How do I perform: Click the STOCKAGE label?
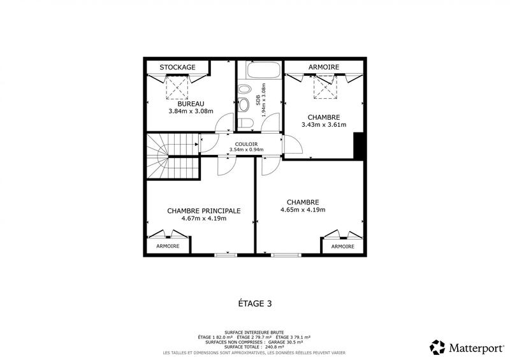tap(177, 67)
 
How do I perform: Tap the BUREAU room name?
tap(191, 103)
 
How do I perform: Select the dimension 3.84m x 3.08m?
tap(191, 111)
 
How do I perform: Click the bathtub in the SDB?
tap(259, 71)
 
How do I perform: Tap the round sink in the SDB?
tap(244, 104)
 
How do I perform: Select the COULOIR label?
tap(246, 143)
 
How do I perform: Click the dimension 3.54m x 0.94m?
tap(246, 150)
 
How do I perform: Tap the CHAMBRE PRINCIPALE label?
tap(203, 210)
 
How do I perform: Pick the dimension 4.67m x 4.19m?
tap(203, 218)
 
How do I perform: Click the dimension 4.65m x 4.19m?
tap(303, 210)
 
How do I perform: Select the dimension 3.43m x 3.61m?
tap(323, 125)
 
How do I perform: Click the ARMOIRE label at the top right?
tap(323, 67)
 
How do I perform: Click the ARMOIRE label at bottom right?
tap(342, 246)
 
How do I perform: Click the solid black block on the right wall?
tap(358, 146)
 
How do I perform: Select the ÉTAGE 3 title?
tap(254, 304)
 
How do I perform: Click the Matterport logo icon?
tap(437, 347)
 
